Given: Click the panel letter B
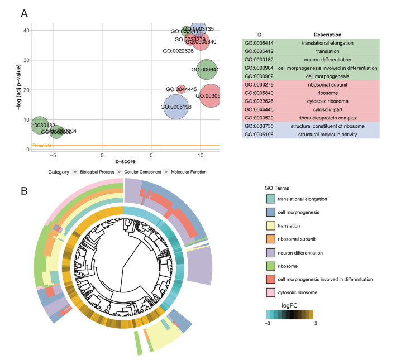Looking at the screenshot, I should [x=24, y=190].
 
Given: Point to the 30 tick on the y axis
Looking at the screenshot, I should [x=26, y=60].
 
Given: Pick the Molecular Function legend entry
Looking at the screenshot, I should [x=188, y=172].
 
